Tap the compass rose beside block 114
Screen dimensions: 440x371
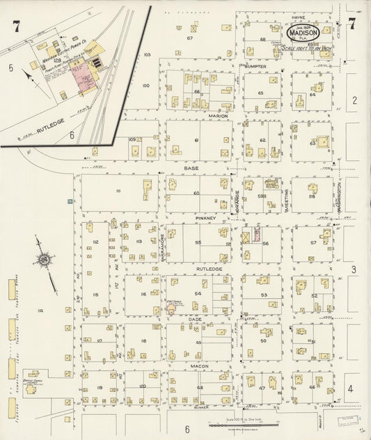[44, 262]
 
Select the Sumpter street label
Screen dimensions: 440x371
[255, 65]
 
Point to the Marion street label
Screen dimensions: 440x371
[219, 116]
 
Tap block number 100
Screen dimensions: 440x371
[145, 86]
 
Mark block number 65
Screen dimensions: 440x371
[260, 93]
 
